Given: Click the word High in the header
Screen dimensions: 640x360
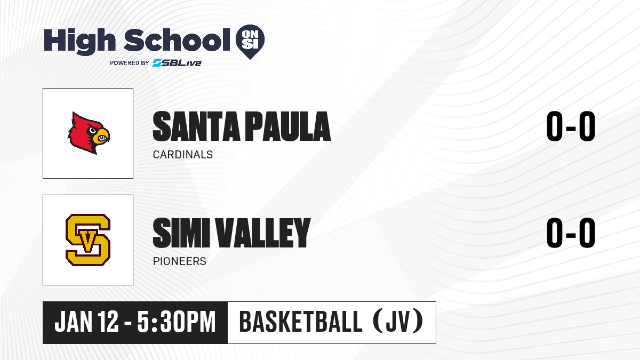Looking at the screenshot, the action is (x=79, y=41).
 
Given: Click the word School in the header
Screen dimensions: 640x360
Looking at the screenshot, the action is (x=177, y=39).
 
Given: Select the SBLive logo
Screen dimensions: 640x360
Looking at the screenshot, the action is (x=177, y=62).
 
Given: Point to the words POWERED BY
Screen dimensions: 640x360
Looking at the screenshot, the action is (x=130, y=63).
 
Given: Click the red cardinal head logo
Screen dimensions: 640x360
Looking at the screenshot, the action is (x=89, y=133).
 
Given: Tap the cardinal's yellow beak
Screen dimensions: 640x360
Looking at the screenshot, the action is (x=102, y=137).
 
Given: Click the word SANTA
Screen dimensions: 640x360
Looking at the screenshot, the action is (x=196, y=126).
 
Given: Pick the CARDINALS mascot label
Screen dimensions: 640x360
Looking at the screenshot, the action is (x=183, y=155).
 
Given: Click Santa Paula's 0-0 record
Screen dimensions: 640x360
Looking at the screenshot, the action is (x=571, y=126).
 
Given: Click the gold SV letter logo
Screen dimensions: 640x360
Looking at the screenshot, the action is (x=88, y=240).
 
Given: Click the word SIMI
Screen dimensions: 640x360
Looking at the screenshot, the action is (x=181, y=233).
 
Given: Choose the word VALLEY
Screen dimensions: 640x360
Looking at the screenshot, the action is (x=263, y=233).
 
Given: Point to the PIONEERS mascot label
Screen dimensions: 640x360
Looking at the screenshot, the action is (x=179, y=261).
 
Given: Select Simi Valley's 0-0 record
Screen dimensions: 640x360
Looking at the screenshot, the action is (x=571, y=233).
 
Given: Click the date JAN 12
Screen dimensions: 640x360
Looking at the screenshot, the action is (x=86, y=322).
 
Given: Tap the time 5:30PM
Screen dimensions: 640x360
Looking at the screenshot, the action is (x=177, y=322).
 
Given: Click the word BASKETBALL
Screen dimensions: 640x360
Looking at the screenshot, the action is (x=301, y=322).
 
